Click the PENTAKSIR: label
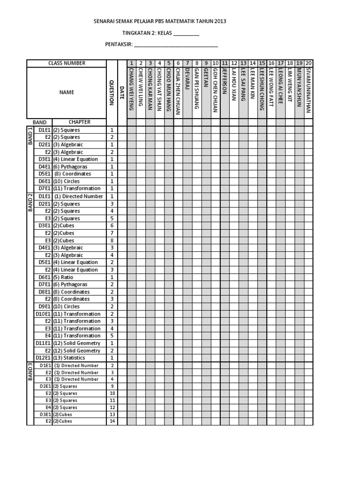pyautogui.click(x=119, y=45)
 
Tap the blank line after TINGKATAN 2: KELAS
pyautogui.click(x=186, y=34)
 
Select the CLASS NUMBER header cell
pyautogui.click(x=67, y=63)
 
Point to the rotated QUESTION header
pyautogui.click(x=112, y=92)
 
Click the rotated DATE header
pyautogui.click(x=122, y=92)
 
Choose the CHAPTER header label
pyautogui.click(x=79, y=122)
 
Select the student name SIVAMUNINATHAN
pyautogui.click(x=308, y=91)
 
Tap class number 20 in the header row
pyautogui.click(x=308, y=63)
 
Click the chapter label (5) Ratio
pyautogui.click(x=63, y=277)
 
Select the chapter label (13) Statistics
pyautogui.click(x=69, y=358)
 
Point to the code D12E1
pyautogui.click(x=44, y=358)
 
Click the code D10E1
pyautogui.click(x=44, y=314)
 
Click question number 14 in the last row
pyautogui.click(x=112, y=421)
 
